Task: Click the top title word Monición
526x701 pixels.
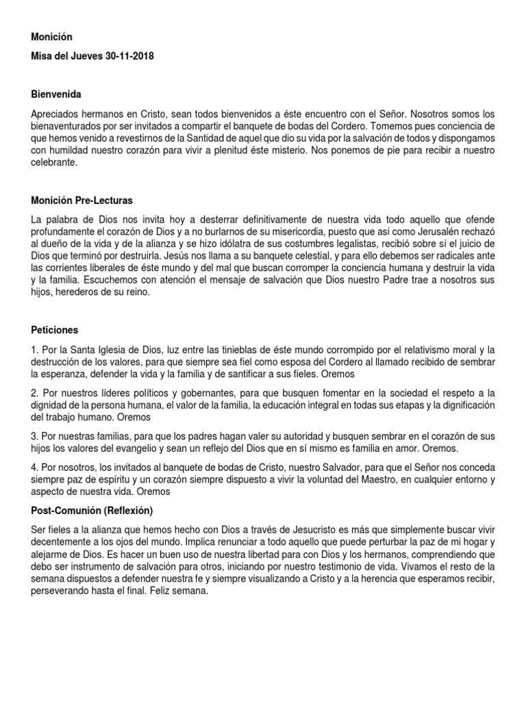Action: click(51, 36)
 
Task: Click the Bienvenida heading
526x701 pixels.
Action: click(60, 93)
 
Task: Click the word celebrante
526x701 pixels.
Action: click(55, 164)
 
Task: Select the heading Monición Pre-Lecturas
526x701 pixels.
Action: click(82, 201)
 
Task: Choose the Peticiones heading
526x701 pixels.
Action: click(55, 329)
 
